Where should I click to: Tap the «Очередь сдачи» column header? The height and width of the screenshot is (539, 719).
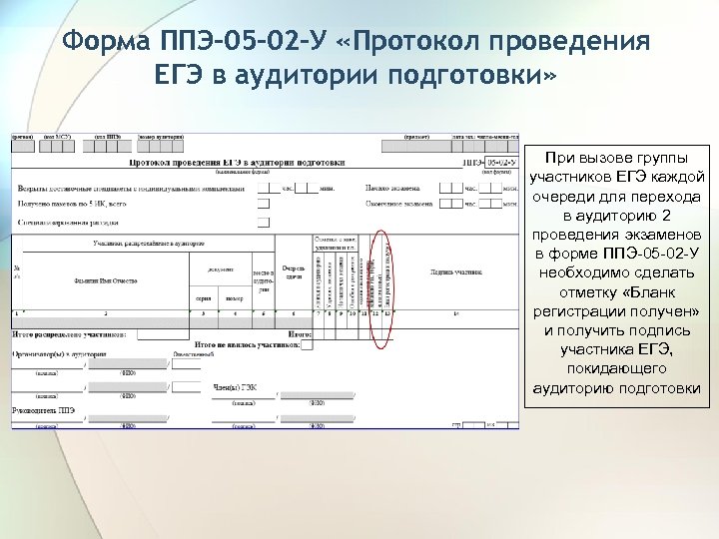[x=293, y=272]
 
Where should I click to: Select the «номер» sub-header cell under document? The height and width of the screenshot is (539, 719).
[x=234, y=298]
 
